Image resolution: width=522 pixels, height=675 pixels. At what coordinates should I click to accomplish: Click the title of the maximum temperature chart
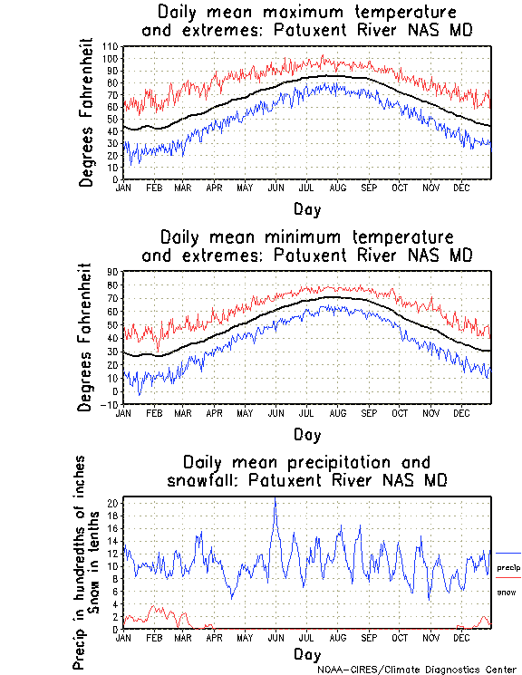click(x=306, y=22)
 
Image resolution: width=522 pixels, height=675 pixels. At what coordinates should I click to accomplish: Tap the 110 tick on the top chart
click(x=111, y=46)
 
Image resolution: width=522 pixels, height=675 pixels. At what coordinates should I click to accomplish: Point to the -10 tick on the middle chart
click(x=110, y=405)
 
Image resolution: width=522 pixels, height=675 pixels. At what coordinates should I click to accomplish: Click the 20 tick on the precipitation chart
click(x=112, y=502)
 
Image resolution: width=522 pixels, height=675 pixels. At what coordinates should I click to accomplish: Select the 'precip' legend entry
click(x=508, y=567)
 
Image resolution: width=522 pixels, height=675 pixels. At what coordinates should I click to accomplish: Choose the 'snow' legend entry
click(x=507, y=592)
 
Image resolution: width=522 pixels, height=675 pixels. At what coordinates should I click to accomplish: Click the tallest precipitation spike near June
click(x=275, y=501)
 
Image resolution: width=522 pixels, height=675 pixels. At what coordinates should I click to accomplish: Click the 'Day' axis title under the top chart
click(x=306, y=209)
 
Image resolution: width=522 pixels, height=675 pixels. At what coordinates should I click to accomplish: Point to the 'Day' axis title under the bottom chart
click(x=306, y=653)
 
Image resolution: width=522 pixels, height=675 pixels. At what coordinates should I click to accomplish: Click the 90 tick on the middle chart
click(x=112, y=271)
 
